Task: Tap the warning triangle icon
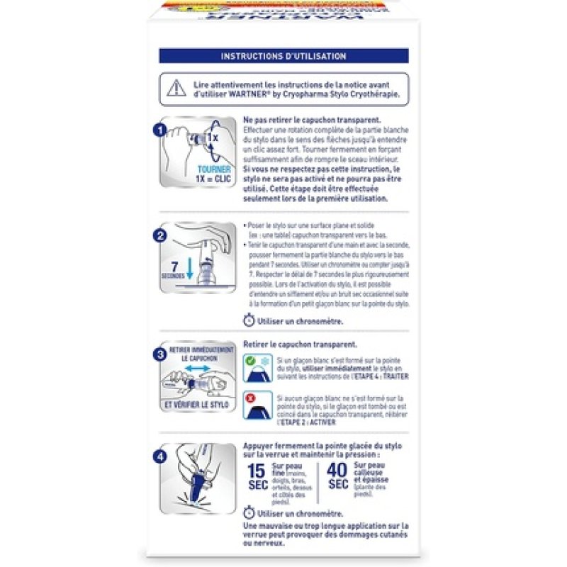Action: (x=173, y=89)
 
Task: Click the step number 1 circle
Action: (x=161, y=130)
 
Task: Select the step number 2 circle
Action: (x=161, y=235)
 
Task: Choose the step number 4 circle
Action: (x=161, y=457)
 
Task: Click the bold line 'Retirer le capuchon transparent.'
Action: (x=300, y=344)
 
